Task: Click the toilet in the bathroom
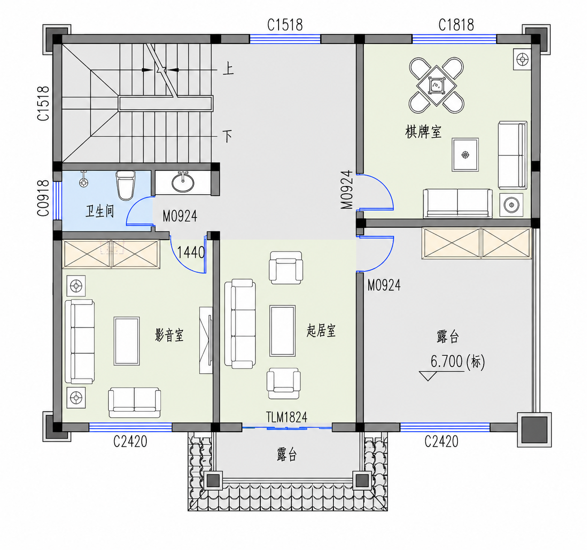click(x=125, y=185)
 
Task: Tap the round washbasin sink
click(x=183, y=182)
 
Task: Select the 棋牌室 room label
click(x=423, y=132)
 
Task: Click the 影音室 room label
click(x=169, y=335)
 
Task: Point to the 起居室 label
click(x=321, y=331)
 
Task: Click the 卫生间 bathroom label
click(x=100, y=211)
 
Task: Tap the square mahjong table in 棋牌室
click(x=436, y=86)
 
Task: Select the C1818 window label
click(x=456, y=25)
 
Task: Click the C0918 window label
click(x=43, y=198)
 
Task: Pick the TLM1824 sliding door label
click(x=287, y=417)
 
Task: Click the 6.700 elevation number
click(x=447, y=361)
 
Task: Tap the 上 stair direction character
click(x=228, y=68)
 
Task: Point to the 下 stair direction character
click(x=227, y=136)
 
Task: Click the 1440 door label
click(x=191, y=252)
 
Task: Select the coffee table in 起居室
click(x=282, y=331)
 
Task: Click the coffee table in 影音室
click(x=126, y=341)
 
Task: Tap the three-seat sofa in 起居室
click(x=240, y=323)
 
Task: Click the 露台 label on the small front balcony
click(x=287, y=455)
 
